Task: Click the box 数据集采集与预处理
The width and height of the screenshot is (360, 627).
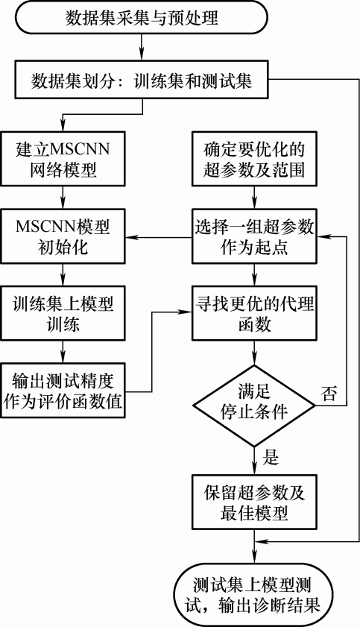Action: click(x=142, y=18)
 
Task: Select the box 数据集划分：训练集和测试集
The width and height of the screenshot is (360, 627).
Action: click(x=142, y=80)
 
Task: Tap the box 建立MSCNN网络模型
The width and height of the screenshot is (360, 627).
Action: click(x=63, y=159)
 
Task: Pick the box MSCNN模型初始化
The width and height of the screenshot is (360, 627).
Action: click(x=63, y=237)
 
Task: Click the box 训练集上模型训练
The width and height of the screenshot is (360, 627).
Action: click(x=63, y=313)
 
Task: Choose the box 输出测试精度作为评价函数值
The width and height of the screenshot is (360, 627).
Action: click(x=63, y=390)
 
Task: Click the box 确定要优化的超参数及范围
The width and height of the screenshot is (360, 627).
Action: click(x=254, y=159)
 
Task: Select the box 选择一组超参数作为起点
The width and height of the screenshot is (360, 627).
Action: click(x=254, y=237)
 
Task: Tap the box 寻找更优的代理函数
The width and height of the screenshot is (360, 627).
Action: click(x=254, y=313)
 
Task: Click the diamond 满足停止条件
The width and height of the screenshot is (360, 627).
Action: click(x=254, y=406)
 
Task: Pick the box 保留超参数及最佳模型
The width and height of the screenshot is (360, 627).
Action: click(x=254, y=502)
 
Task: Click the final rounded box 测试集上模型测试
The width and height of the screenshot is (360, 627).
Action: click(x=254, y=595)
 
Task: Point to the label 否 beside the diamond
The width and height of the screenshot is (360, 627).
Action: click(x=329, y=394)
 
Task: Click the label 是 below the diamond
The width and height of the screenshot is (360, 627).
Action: click(x=271, y=457)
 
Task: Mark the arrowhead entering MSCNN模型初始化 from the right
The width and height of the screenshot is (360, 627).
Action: click(x=131, y=238)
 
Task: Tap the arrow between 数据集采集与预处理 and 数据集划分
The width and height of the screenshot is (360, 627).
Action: click(x=142, y=48)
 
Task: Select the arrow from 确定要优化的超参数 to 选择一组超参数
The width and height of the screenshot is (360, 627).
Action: click(x=254, y=198)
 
